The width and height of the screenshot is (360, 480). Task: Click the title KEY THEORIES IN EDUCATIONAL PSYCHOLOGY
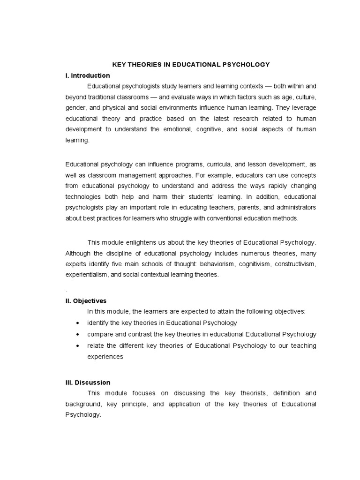click(190, 64)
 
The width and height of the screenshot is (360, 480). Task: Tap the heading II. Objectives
click(86, 300)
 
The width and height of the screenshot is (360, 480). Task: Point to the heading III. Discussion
click(88, 382)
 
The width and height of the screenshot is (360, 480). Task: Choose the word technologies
click(84, 196)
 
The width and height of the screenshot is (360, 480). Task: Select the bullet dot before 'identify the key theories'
click(77, 323)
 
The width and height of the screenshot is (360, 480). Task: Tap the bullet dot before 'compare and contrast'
click(77, 335)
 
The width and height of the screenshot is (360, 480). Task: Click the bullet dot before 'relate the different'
click(77, 346)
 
